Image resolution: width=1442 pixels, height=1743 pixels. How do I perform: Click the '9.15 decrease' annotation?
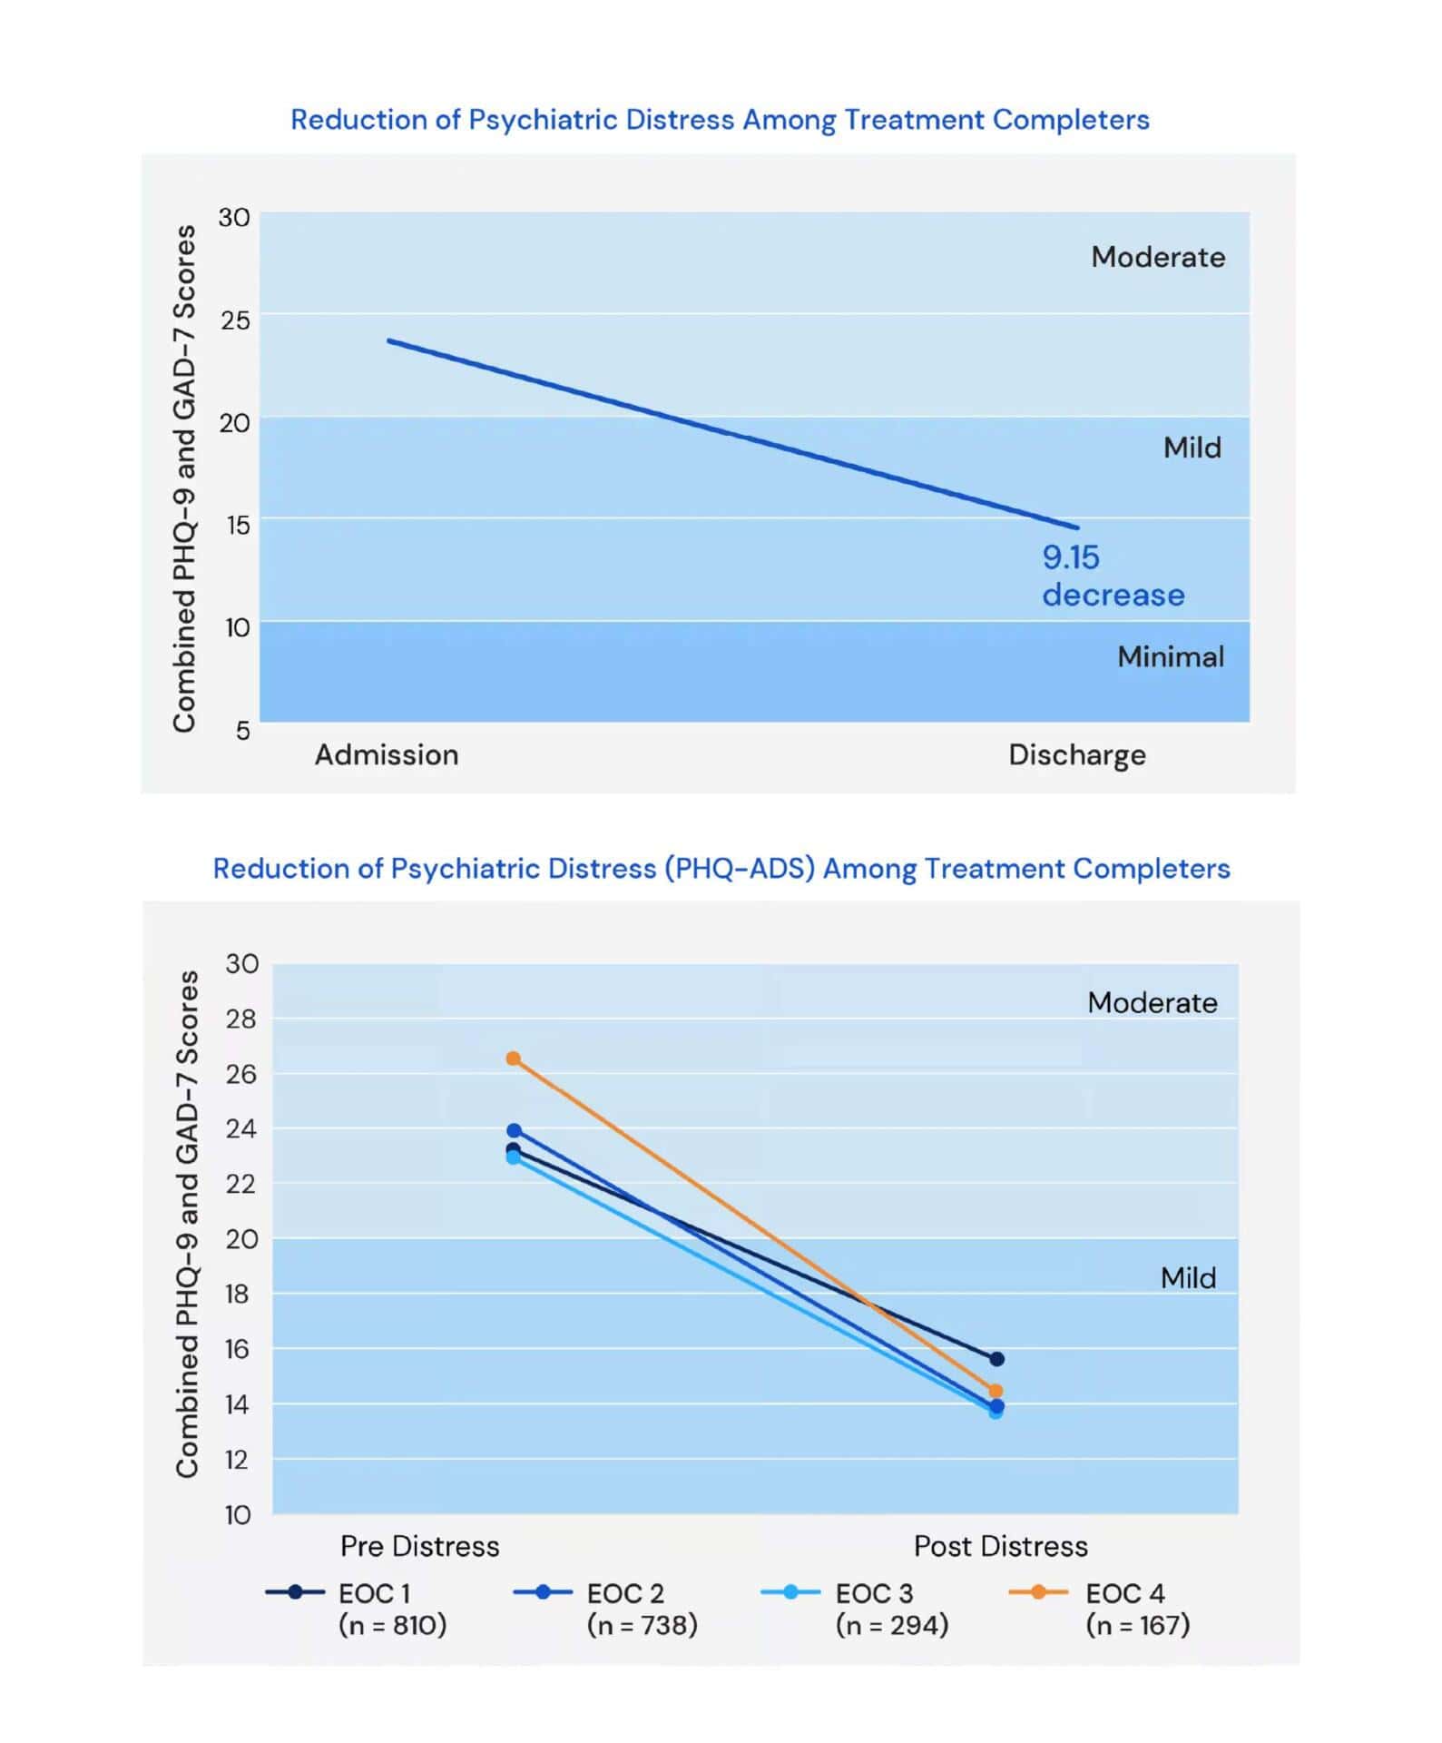coord(1113,576)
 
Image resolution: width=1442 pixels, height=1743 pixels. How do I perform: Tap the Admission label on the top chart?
coord(387,754)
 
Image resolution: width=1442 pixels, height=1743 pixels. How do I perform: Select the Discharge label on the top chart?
coord(1077,755)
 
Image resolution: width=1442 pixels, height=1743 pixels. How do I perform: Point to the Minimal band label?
coord(1171,656)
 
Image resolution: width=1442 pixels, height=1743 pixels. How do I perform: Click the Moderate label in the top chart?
coord(1158,257)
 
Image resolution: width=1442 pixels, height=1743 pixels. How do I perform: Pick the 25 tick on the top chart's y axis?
coord(234,320)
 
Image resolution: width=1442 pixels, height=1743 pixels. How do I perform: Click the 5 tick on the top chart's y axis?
coord(242,730)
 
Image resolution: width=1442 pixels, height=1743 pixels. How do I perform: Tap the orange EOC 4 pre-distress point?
coord(514,1059)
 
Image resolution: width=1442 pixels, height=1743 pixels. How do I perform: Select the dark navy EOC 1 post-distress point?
coord(996,1359)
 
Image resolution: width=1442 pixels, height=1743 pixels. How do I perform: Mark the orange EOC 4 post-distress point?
coord(996,1391)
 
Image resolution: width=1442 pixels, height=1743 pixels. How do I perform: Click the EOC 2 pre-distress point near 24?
coord(514,1130)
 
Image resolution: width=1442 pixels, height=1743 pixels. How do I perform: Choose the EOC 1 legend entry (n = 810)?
coord(356,1610)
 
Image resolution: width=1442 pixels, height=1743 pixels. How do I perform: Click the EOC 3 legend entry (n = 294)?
coord(855,1610)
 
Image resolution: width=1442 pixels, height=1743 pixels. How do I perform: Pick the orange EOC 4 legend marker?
coord(1038,1592)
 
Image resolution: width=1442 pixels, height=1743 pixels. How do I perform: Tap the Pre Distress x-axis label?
coord(419,1546)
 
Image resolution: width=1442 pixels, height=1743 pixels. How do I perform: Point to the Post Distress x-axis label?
coord(1000,1546)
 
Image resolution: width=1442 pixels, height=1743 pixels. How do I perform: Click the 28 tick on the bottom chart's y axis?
coord(242,1019)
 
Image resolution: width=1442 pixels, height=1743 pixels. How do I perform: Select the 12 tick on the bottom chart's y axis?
coord(238,1460)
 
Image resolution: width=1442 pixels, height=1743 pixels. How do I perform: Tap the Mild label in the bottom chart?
coord(1188,1278)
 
